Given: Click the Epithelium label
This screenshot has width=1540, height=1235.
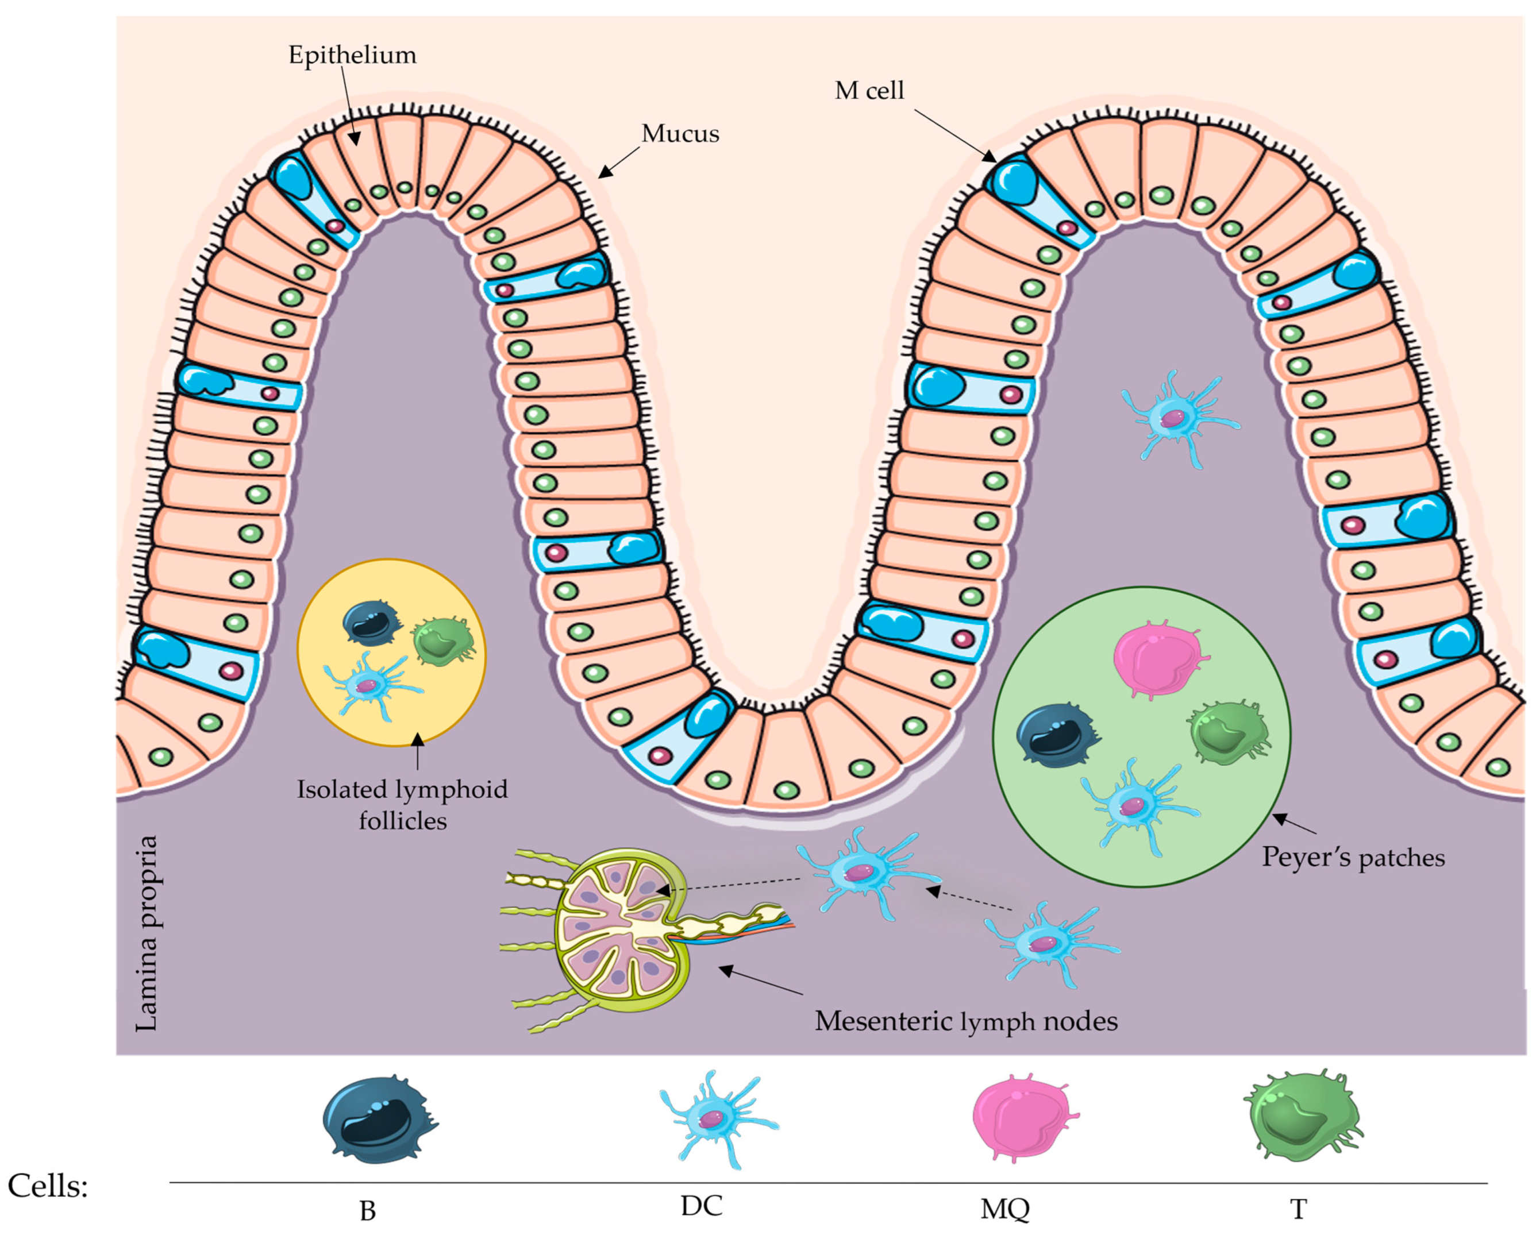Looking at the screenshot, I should click(352, 55).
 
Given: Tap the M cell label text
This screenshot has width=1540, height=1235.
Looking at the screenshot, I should click(869, 91).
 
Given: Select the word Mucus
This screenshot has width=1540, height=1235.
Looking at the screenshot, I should click(679, 133).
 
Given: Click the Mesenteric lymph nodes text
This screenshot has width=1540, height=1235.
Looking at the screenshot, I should click(966, 1021).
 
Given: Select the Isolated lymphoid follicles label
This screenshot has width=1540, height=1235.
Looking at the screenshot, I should click(402, 805).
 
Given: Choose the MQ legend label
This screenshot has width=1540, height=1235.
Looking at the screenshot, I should click(1004, 1209).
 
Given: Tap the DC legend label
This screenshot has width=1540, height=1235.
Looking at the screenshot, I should click(702, 1205).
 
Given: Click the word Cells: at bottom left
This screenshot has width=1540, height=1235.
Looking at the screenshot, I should click(48, 1186).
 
